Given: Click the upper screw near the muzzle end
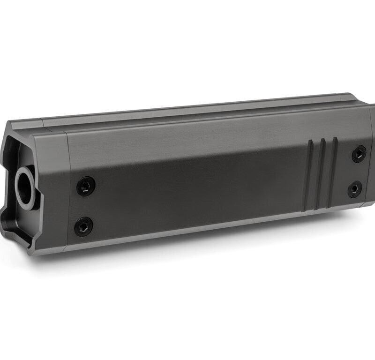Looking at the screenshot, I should tap(86, 186).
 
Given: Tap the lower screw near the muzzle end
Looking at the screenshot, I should tap(83, 227).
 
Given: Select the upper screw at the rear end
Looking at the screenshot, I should tap(359, 154).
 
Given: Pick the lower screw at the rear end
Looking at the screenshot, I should tap(355, 189).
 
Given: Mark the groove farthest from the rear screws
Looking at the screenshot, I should tap(309, 178).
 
